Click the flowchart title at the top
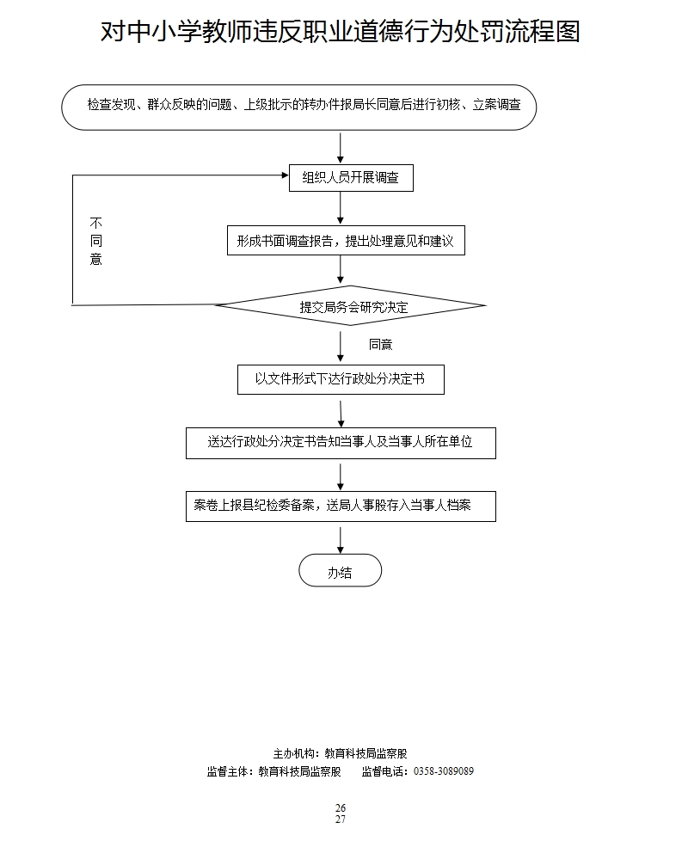[x=341, y=32]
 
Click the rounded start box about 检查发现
[x=299, y=107]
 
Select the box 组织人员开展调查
[x=350, y=178]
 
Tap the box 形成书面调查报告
[x=345, y=242]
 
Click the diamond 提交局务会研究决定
[x=350, y=306]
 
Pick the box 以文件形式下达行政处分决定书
[x=341, y=379]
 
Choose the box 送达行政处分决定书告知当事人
[x=341, y=443]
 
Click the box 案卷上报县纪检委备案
[x=341, y=506]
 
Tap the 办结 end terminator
[x=340, y=571]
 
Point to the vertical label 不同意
[x=95, y=241]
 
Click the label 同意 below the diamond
[x=380, y=345]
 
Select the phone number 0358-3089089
[x=444, y=771]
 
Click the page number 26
[x=341, y=808]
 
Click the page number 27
[x=341, y=820]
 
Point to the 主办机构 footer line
[x=341, y=753]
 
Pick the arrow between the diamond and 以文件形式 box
[x=341, y=346]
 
